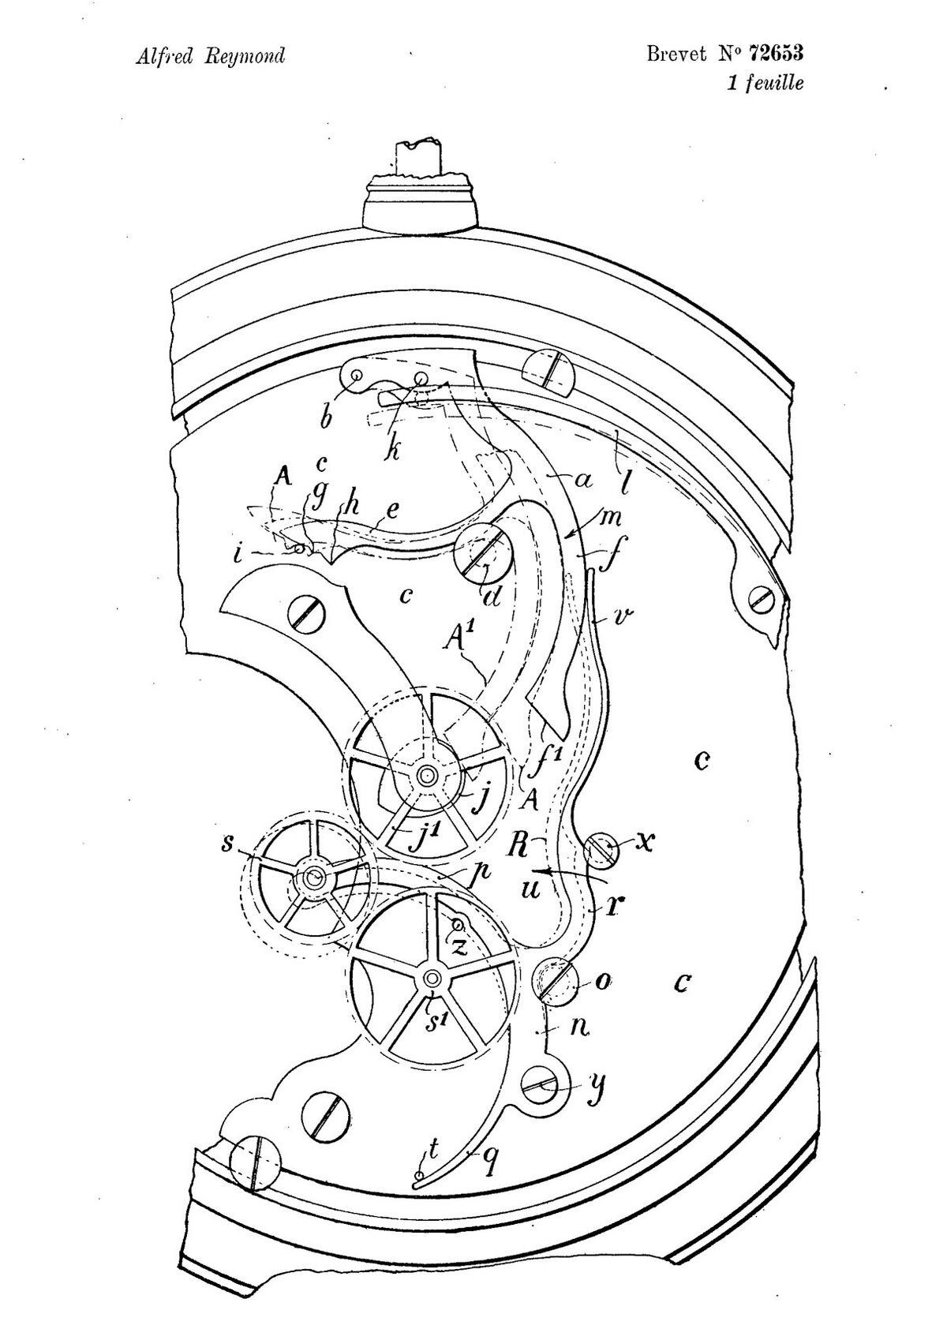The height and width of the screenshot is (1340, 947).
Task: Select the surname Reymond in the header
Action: (x=245, y=58)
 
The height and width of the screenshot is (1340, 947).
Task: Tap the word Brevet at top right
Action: (x=676, y=54)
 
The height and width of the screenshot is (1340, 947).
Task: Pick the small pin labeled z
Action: (x=459, y=926)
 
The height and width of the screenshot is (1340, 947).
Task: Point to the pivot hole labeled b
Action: (x=357, y=375)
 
